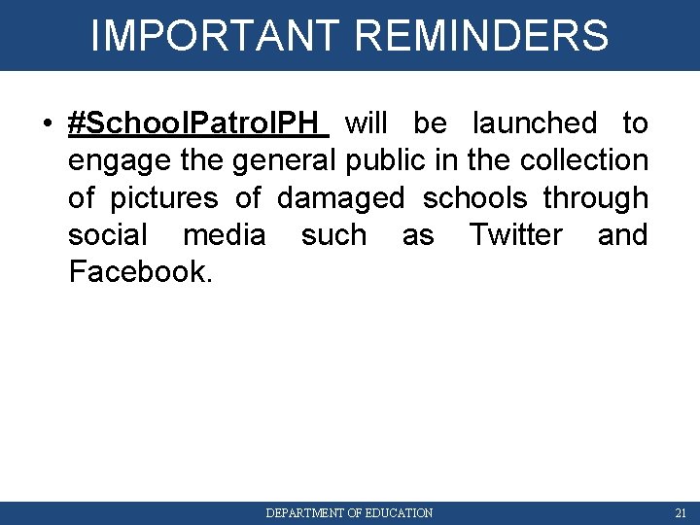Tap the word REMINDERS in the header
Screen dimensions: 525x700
coord(482,35)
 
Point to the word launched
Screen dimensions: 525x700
coord(535,123)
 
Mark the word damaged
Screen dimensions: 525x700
coord(340,198)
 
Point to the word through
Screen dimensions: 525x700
coord(595,198)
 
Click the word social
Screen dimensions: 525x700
coord(108,235)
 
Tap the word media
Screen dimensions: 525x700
coord(224,235)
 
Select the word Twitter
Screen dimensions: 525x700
coord(515,235)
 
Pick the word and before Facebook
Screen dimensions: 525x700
coord(622,235)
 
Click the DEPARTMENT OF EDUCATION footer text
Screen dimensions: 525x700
coord(349,512)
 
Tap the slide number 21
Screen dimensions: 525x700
coord(680,512)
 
